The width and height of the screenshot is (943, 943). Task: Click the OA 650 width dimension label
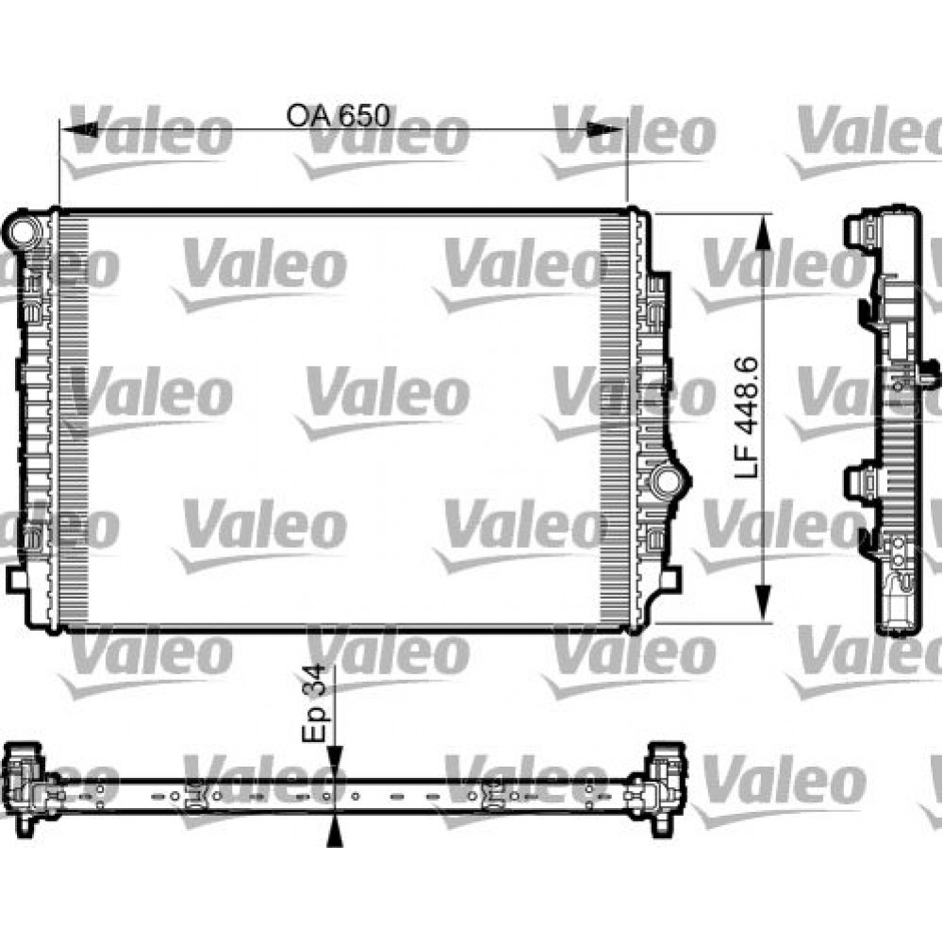pyautogui.click(x=338, y=116)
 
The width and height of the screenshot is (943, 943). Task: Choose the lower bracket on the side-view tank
pyautogui.click(x=861, y=482)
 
